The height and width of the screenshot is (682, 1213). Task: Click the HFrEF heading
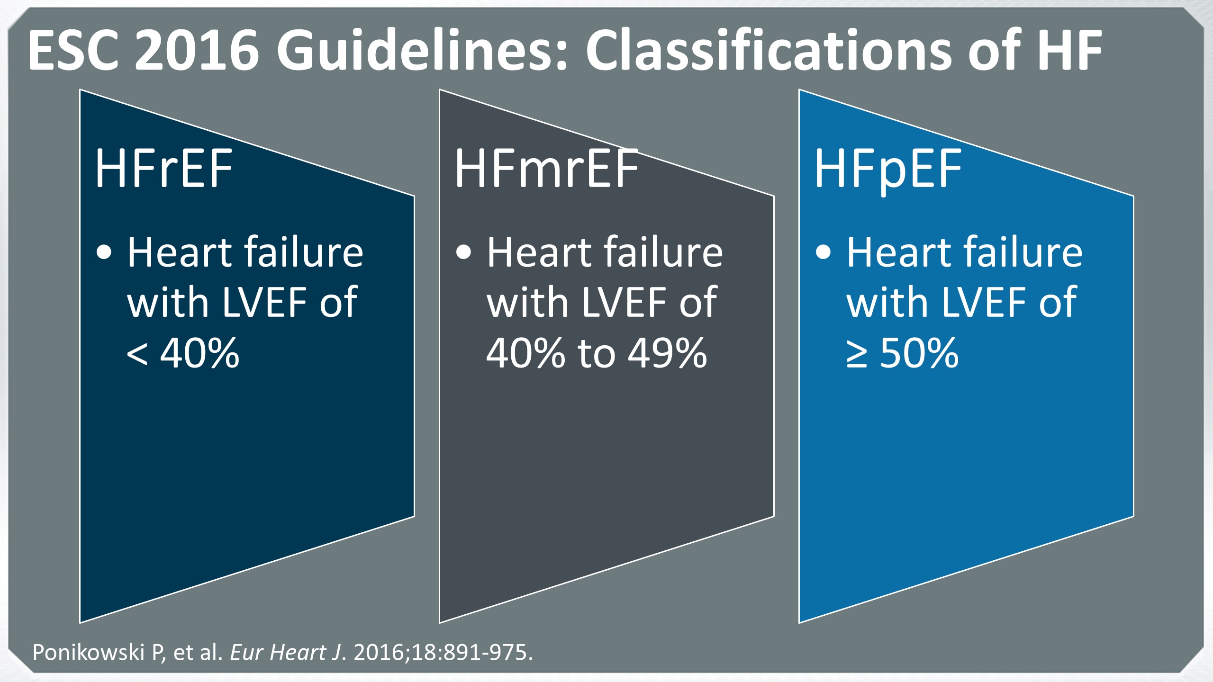pyautogui.click(x=163, y=168)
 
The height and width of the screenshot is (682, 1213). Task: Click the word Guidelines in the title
pyautogui.click(x=422, y=50)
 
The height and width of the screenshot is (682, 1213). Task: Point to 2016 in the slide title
pyautogui.click(x=197, y=50)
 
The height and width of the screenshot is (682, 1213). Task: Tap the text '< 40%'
pyautogui.click(x=183, y=352)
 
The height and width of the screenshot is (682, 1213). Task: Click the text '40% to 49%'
pyautogui.click(x=597, y=352)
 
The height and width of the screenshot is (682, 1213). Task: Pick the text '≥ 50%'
pyautogui.click(x=903, y=352)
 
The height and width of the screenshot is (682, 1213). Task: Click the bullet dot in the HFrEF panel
pyautogui.click(x=104, y=252)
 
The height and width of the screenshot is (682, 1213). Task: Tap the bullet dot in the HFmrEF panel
pyautogui.click(x=464, y=252)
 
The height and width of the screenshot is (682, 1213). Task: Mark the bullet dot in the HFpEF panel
pyautogui.click(x=824, y=252)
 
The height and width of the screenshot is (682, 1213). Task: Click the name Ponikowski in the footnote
pyautogui.click(x=88, y=652)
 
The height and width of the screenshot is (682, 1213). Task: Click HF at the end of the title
pyautogui.click(x=1069, y=50)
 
